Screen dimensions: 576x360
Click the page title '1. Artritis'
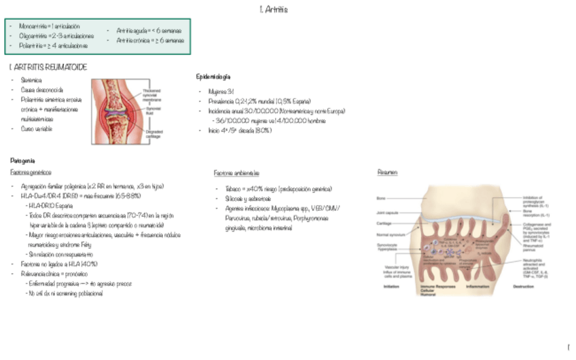[274, 10]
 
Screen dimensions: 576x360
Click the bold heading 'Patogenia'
[22, 160]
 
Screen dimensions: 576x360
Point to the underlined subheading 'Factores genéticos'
[31, 173]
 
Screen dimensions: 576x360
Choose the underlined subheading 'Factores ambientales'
[236, 173]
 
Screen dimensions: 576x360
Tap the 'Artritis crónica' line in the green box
[149, 40]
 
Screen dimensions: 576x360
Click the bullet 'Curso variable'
[37, 128]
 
